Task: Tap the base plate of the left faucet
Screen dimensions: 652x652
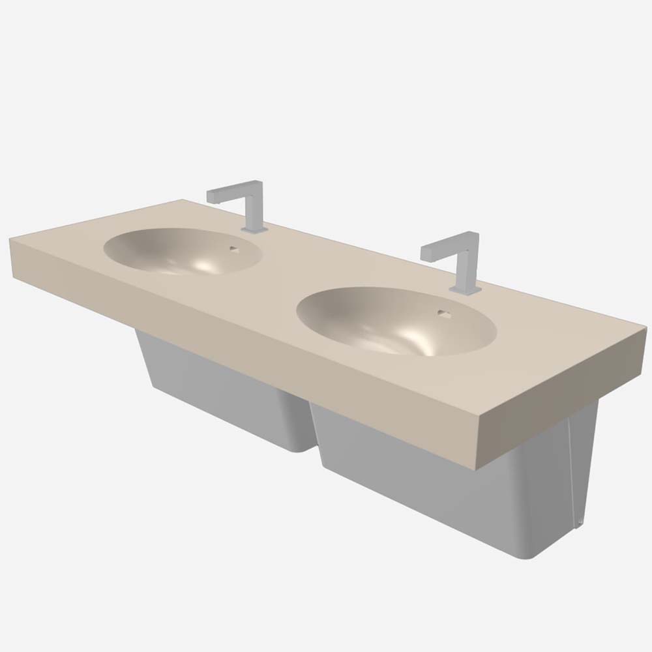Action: (x=254, y=230)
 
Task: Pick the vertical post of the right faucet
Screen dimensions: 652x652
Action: (x=467, y=264)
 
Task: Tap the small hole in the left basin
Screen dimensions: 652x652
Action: (x=233, y=248)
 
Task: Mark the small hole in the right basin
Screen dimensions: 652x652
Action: (x=443, y=312)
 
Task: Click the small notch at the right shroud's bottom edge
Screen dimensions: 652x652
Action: (x=579, y=522)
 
